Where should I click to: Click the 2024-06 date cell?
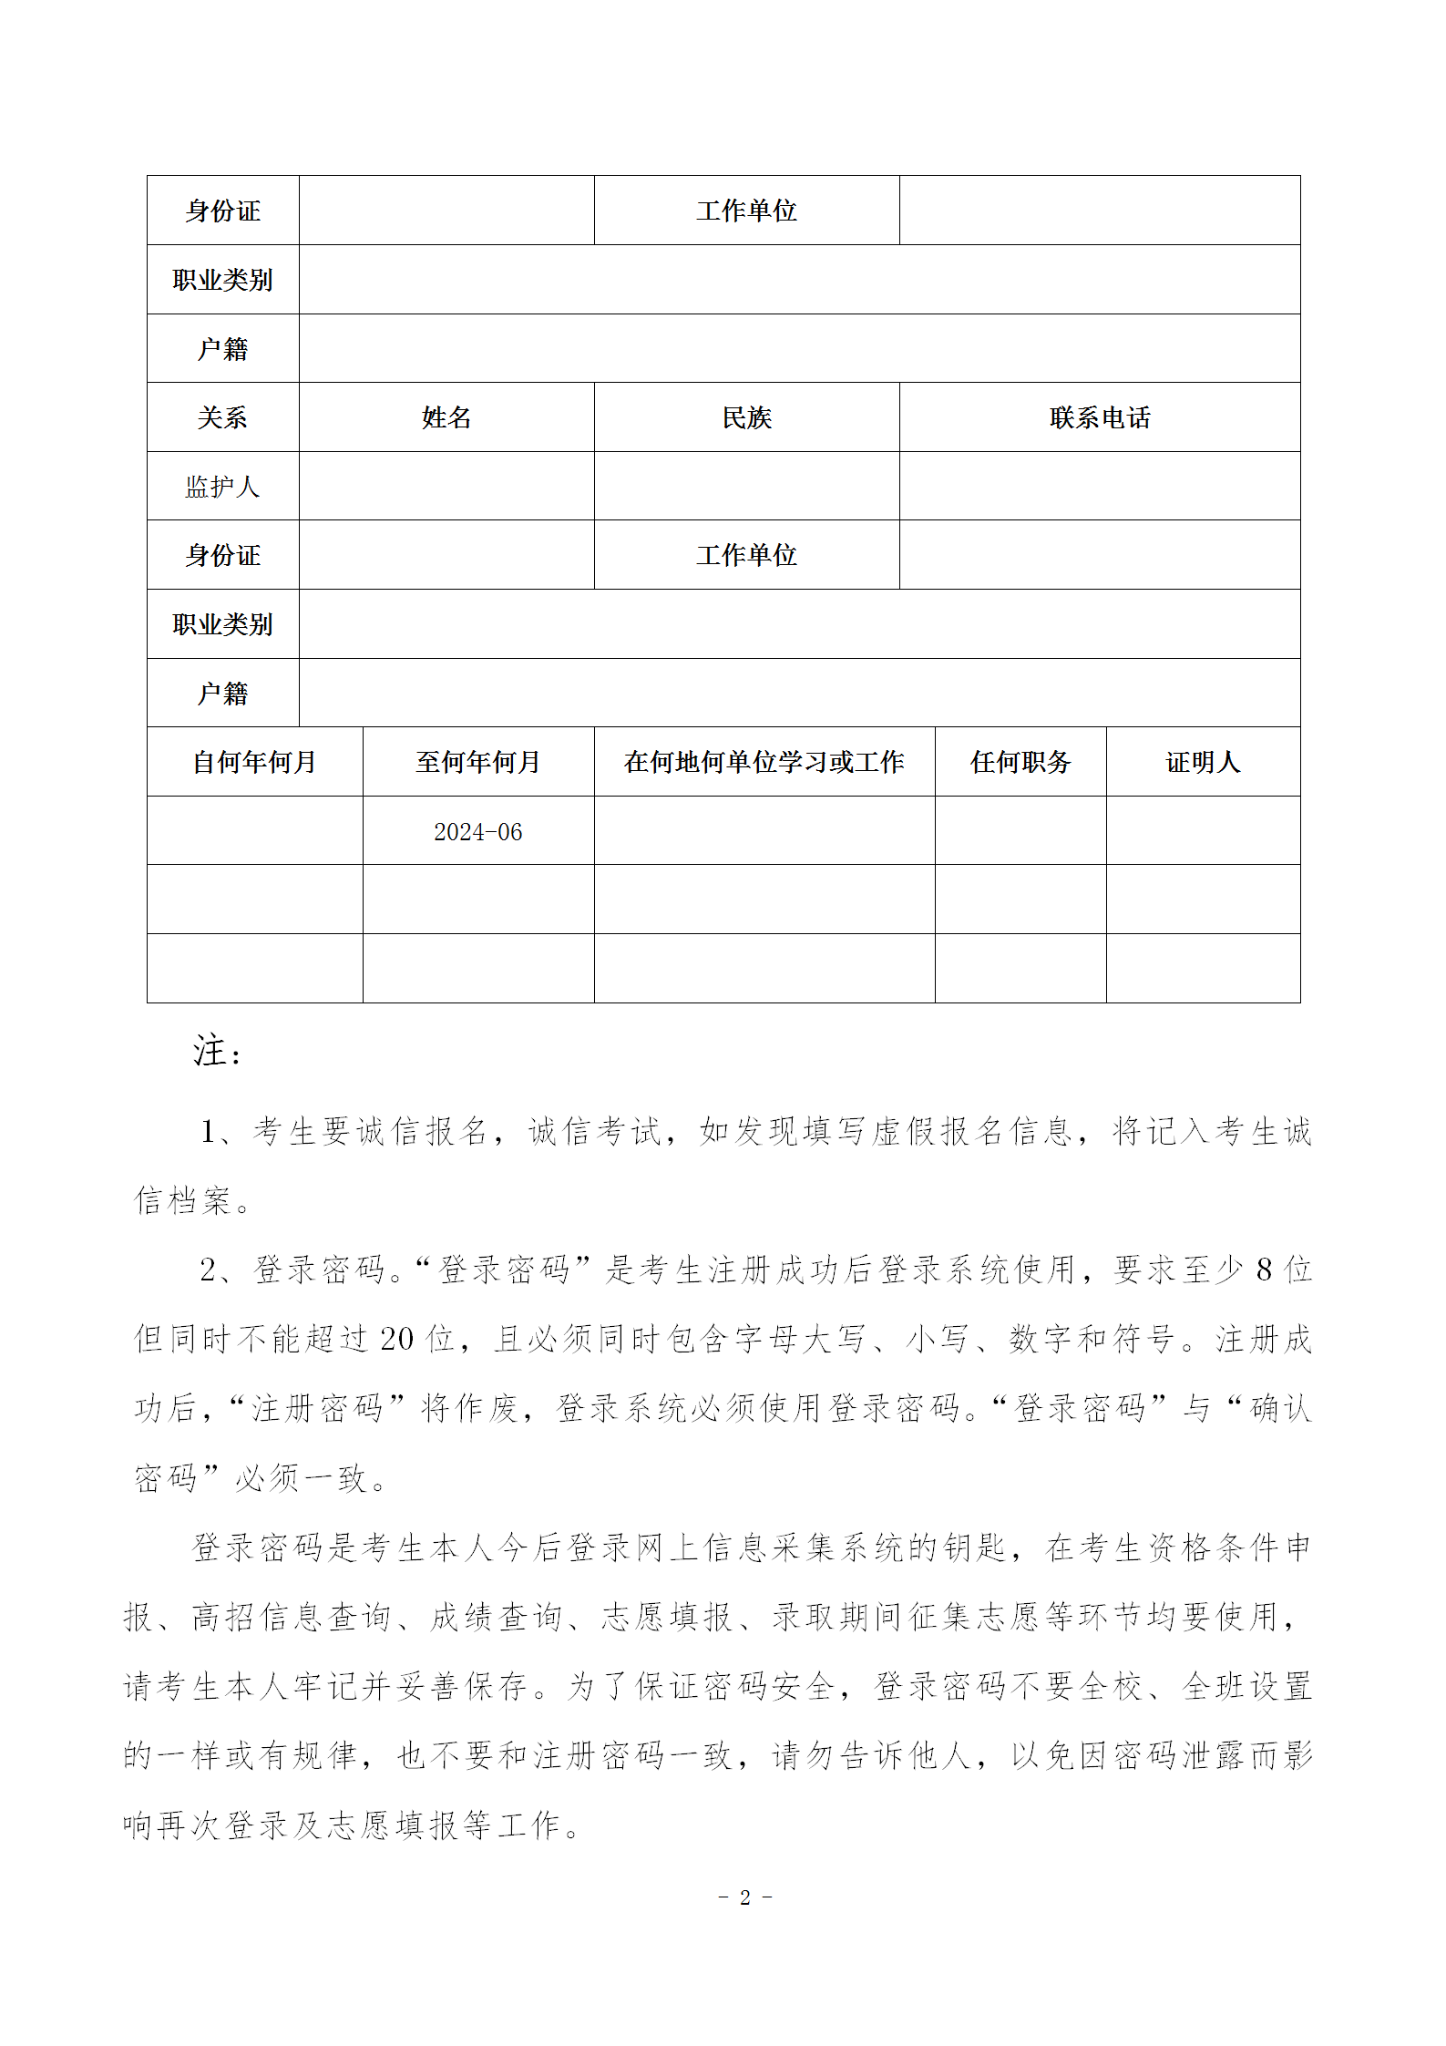(x=477, y=831)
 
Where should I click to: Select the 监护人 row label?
(x=222, y=487)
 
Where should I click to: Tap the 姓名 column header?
(x=446, y=417)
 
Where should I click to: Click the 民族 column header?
(x=746, y=417)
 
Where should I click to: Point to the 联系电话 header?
(x=1099, y=417)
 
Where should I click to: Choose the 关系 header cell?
(x=222, y=417)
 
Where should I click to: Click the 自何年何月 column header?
(x=254, y=762)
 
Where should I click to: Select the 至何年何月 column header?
(x=477, y=762)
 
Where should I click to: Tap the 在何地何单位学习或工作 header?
(x=764, y=762)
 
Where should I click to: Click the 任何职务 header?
(x=1020, y=762)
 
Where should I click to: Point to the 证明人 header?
(x=1202, y=762)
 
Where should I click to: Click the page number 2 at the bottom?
(x=744, y=1897)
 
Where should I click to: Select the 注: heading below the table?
(x=217, y=1051)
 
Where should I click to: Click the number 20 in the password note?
(x=396, y=1339)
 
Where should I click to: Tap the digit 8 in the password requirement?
(x=1263, y=1270)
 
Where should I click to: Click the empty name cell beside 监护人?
(x=446, y=487)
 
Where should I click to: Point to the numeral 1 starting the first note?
(x=208, y=1132)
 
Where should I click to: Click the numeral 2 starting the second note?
(x=208, y=1270)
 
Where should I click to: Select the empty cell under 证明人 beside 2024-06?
(x=1202, y=831)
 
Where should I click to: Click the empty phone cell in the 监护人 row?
(x=1099, y=487)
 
